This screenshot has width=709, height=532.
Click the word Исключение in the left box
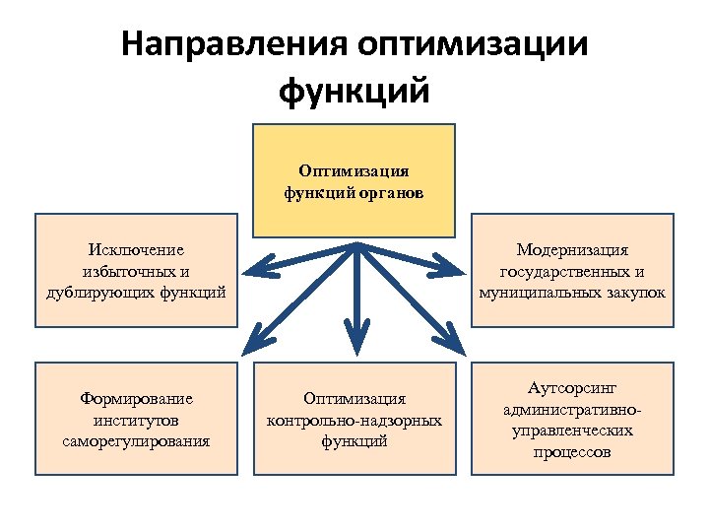click(136, 251)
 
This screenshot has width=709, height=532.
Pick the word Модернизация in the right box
click(572, 251)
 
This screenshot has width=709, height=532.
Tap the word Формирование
click(136, 399)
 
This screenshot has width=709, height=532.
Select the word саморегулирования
click(136, 440)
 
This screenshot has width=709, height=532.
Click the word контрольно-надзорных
click(354, 420)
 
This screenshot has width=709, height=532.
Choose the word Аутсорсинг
click(572, 389)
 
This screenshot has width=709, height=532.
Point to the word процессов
click(572, 452)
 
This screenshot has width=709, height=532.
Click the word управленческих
click(572, 431)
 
